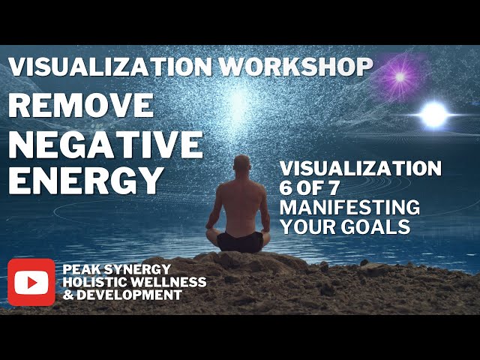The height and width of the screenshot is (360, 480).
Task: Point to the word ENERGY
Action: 86,180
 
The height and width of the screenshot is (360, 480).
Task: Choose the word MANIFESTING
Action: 349,206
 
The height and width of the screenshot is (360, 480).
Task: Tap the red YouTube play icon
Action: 31,282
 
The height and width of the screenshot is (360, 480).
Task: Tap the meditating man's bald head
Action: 241,163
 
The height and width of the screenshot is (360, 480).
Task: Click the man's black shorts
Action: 240,241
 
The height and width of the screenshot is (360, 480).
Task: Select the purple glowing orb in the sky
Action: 400,76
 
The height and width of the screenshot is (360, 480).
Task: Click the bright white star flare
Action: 433,114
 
